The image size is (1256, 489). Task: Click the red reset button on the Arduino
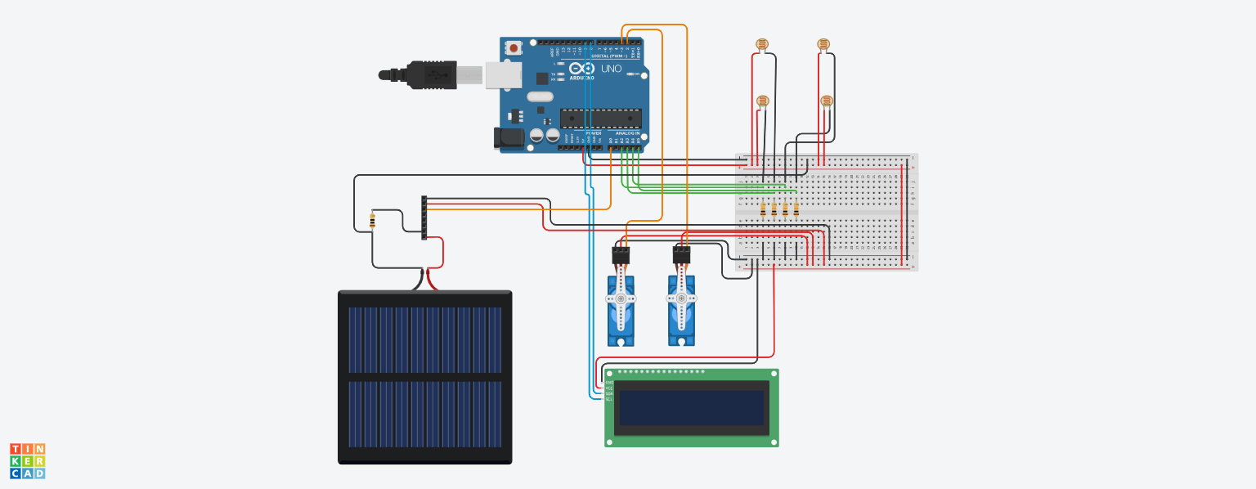coord(514,48)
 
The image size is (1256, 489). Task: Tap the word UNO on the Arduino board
coord(612,70)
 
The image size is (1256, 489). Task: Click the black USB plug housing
coord(430,74)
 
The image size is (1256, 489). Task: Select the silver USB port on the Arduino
coord(503,75)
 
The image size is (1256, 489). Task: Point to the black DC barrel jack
coord(509,138)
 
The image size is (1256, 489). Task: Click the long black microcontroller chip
coord(600,119)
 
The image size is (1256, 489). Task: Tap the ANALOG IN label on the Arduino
coord(627,133)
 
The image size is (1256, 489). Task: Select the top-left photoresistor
coord(764,45)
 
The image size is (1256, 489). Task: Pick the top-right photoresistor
coord(823,45)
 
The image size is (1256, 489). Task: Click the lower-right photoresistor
coord(827,101)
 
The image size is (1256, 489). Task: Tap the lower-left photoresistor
coord(763,101)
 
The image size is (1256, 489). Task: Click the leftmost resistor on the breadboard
coord(764,210)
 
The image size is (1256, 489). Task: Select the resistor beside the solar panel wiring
coord(373,220)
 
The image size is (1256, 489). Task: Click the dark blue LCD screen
coord(692,407)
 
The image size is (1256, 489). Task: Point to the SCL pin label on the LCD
coord(608,399)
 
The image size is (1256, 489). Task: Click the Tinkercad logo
coord(28,461)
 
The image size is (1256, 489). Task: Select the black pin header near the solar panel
coord(424,218)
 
